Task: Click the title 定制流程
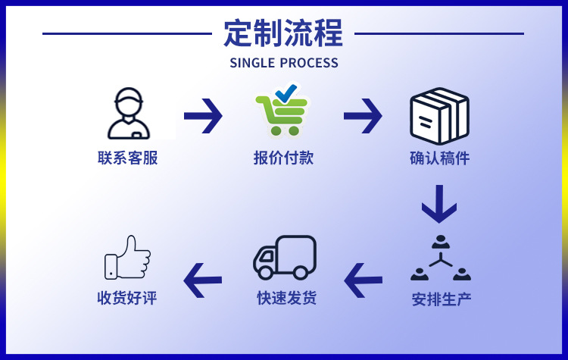283,33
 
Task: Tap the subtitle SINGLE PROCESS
284,63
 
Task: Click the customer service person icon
128,114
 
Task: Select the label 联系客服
128,158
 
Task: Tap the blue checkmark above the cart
286,95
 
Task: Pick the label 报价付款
283,158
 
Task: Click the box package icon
439,116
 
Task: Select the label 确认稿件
439,158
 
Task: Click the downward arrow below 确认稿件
439,204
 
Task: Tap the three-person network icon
441,259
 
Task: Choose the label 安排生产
442,299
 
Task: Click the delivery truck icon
284,258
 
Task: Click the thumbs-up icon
127,258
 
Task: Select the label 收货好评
127,298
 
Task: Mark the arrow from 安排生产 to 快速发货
364,280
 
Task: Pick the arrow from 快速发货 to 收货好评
203,280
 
